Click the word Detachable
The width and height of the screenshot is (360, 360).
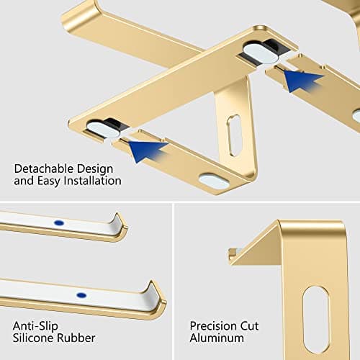(40, 168)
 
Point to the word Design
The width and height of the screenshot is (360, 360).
(92, 168)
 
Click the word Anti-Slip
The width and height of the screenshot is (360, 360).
(35, 324)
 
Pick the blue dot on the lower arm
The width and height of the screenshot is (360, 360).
(81, 295)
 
